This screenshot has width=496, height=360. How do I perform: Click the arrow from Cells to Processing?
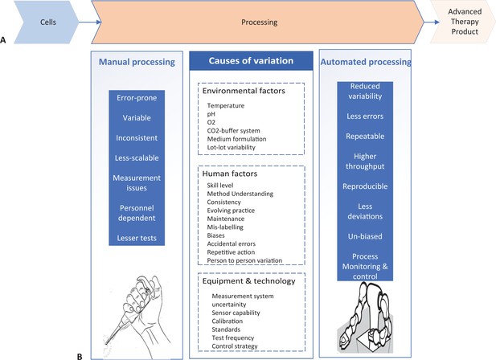pyautogui.click(x=90, y=22)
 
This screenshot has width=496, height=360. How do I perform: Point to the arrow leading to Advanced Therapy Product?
pyautogui.click(x=432, y=22)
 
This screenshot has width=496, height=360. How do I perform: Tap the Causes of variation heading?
pyautogui.click(x=251, y=61)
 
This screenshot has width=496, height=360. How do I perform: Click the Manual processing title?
pyautogui.click(x=137, y=62)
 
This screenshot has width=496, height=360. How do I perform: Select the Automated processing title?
pyautogui.click(x=366, y=62)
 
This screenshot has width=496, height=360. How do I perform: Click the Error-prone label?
pyautogui.click(x=137, y=98)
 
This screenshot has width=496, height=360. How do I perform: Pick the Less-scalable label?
pyautogui.click(x=137, y=158)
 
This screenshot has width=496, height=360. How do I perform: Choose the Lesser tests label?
pyautogui.click(x=137, y=238)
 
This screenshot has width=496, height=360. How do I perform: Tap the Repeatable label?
pyautogui.click(x=365, y=137)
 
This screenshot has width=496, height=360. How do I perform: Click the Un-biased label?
pyautogui.click(x=365, y=236)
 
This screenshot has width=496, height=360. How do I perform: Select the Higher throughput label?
pyautogui.click(x=365, y=162)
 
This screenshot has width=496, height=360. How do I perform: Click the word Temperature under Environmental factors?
pyautogui.click(x=226, y=105)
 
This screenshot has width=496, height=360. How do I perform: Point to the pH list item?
pyautogui.click(x=211, y=114)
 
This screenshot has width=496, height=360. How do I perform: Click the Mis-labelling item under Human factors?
pyautogui.click(x=225, y=227)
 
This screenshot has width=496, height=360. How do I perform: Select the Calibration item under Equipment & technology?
pyautogui.click(x=228, y=321)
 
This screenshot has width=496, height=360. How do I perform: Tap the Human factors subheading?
pyautogui.click(x=230, y=174)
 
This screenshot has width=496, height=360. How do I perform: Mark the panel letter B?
pyautogui.click(x=80, y=357)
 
